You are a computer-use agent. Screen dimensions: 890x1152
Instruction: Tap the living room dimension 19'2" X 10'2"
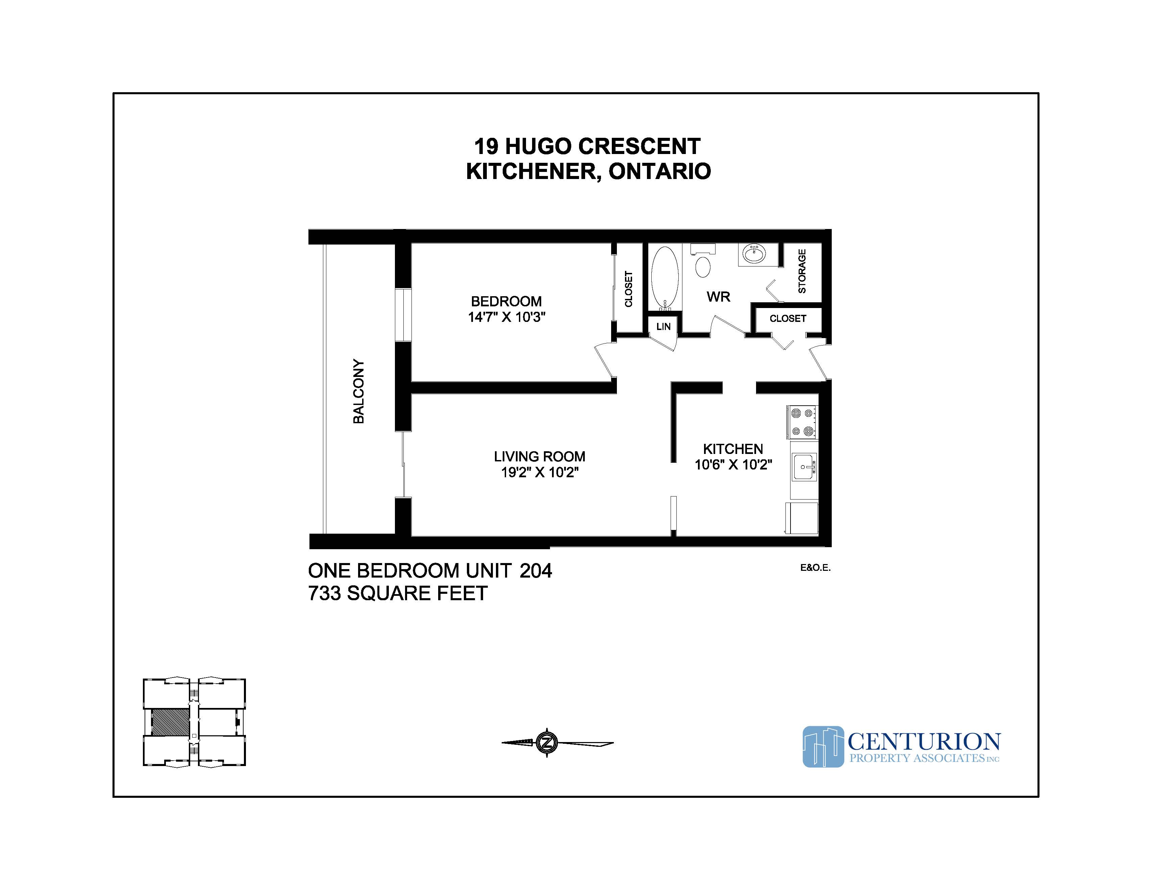click(x=540, y=473)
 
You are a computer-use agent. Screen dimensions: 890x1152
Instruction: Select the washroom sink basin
click(x=755, y=254)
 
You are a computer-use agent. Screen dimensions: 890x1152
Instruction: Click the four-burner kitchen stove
click(x=802, y=422)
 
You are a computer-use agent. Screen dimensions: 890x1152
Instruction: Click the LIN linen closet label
click(x=663, y=326)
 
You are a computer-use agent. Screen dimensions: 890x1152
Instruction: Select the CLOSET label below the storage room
click(x=787, y=319)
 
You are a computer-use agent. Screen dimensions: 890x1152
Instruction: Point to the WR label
click(x=719, y=297)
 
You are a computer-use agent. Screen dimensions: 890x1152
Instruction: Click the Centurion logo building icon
click(x=823, y=746)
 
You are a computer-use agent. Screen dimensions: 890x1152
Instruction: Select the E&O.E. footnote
click(x=815, y=568)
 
